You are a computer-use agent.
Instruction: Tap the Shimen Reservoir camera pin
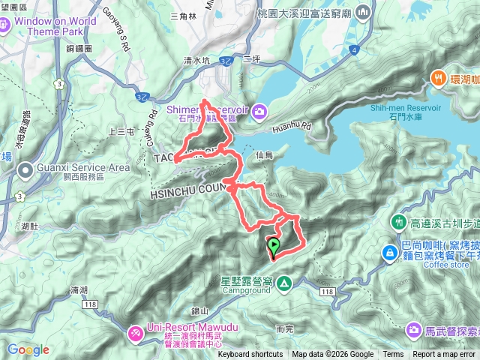260,111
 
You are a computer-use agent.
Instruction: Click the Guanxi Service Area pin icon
25,171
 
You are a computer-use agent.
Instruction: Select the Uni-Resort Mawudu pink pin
136,331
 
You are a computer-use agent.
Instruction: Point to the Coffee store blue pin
390,253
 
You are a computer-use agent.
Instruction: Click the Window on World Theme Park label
50,26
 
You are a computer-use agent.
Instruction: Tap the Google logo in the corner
28,349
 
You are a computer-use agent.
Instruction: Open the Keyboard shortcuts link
250,355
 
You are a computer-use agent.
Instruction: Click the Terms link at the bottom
393,355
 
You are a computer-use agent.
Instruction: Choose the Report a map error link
444,355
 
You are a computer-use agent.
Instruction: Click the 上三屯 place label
121,131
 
